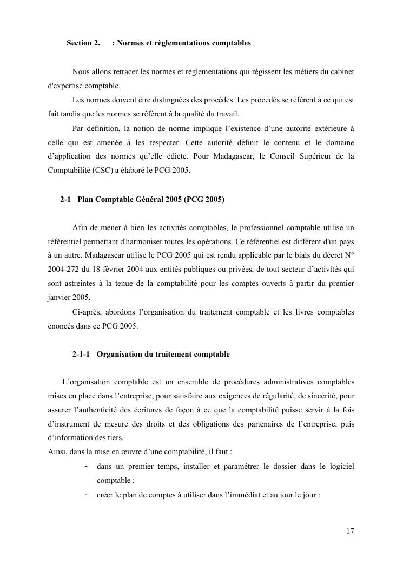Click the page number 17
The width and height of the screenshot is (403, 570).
click(350, 531)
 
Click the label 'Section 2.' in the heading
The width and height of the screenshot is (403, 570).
click(83, 42)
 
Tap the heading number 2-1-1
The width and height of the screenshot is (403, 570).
click(81, 355)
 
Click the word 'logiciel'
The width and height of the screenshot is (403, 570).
click(341, 467)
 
